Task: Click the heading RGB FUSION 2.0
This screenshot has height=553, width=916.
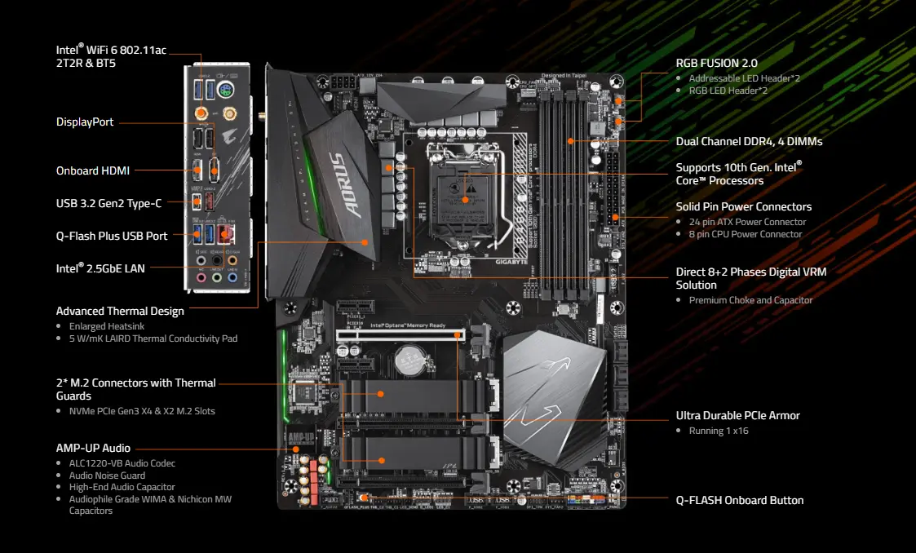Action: pyautogui.click(x=716, y=63)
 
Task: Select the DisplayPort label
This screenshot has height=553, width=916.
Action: pyautogui.click(x=85, y=122)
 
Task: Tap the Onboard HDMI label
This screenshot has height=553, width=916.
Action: pyautogui.click(x=92, y=170)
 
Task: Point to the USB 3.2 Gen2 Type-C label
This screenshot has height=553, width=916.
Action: pyautogui.click(x=108, y=203)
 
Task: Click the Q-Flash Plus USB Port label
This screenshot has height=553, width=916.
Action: pyautogui.click(x=112, y=236)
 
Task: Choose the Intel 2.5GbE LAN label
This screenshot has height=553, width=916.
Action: pyautogui.click(x=100, y=268)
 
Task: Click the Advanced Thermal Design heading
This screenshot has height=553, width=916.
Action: pyautogui.click(x=120, y=311)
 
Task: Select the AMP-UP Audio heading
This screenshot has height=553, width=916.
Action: pyautogui.click(x=93, y=448)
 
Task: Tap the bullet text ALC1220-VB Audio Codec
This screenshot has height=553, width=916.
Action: pyautogui.click(x=122, y=463)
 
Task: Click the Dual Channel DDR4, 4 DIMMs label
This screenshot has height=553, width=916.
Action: pyautogui.click(x=749, y=141)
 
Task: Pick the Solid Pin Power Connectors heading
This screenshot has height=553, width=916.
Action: pyautogui.click(x=743, y=206)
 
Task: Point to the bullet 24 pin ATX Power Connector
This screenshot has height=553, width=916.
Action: pyautogui.click(x=747, y=222)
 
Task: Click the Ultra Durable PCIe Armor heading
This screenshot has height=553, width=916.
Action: pyautogui.click(x=737, y=415)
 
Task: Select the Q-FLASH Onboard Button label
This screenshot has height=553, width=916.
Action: pyautogui.click(x=740, y=500)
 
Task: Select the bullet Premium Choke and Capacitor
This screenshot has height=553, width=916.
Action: pyautogui.click(x=750, y=300)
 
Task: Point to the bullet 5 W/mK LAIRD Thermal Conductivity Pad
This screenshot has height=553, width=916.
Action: pyautogui.click(x=153, y=338)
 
